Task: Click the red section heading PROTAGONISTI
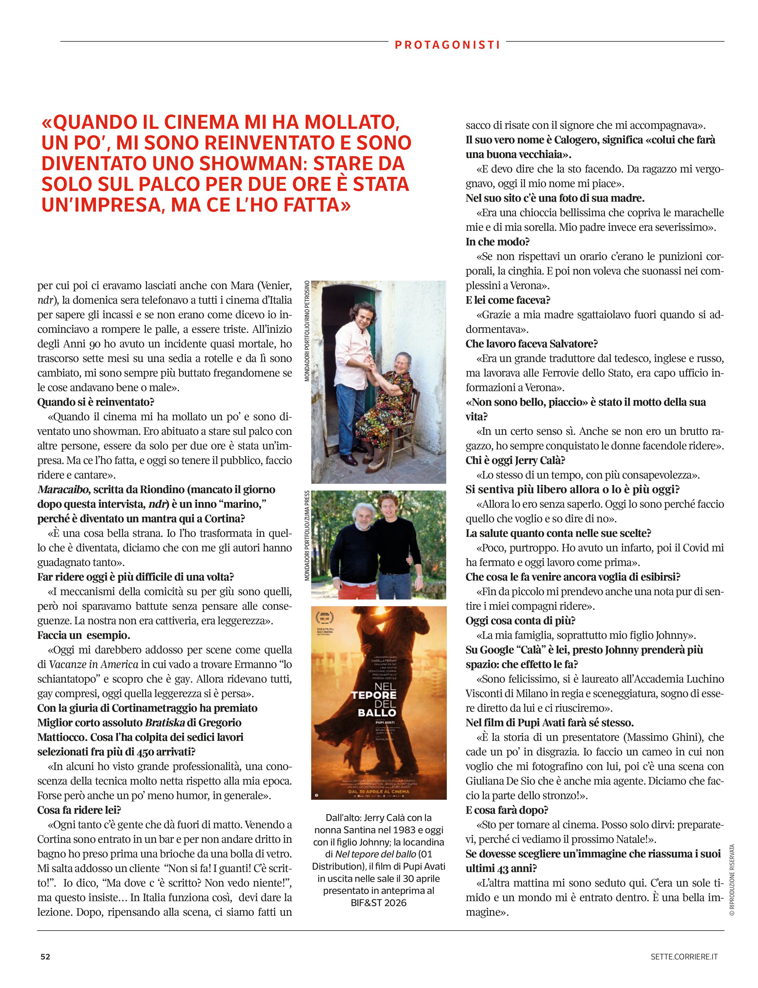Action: [447, 45]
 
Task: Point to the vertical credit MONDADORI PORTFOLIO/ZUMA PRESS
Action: [307, 535]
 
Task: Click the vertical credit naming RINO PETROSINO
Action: [307, 331]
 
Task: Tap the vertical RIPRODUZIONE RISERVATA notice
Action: [732, 880]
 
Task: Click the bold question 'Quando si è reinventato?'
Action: [96, 402]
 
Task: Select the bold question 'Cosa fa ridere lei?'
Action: [79, 810]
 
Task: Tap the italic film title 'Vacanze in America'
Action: [93, 665]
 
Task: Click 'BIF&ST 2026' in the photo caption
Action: [379, 903]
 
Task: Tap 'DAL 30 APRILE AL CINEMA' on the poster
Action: [379, 791]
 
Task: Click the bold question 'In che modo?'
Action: [498, 242]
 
